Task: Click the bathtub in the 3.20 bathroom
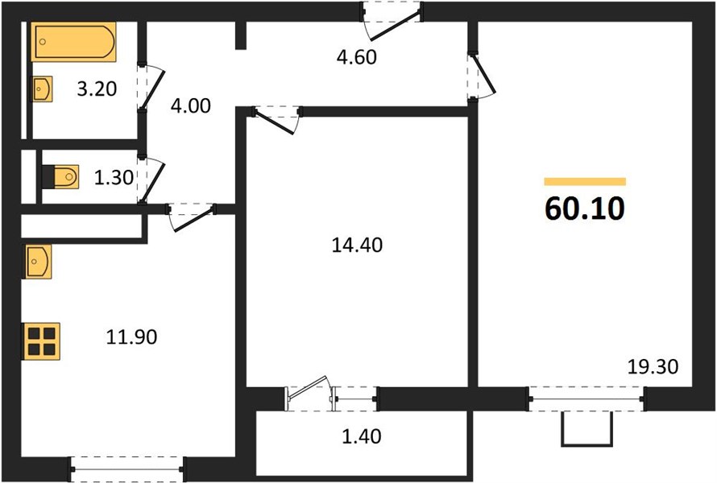(x=73, y=42)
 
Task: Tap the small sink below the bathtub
(x=42, y=89)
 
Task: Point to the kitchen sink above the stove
(x=38, y=262)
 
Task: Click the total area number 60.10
(x=584, y=208)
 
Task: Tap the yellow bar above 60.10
(x=585, y=182)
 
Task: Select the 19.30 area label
(x=653, y=367)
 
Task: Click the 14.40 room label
(x=357, y=246)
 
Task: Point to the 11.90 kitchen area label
(x=131, y=337)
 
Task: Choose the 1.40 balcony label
(x=362, y=437)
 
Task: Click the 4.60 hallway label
(x=357, y=58)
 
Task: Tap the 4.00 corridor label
(x=191, y=106)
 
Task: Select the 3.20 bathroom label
(x=97, y=89)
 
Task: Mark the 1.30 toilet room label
(x=114, y=178)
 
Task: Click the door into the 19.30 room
(x=481, y=76)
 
